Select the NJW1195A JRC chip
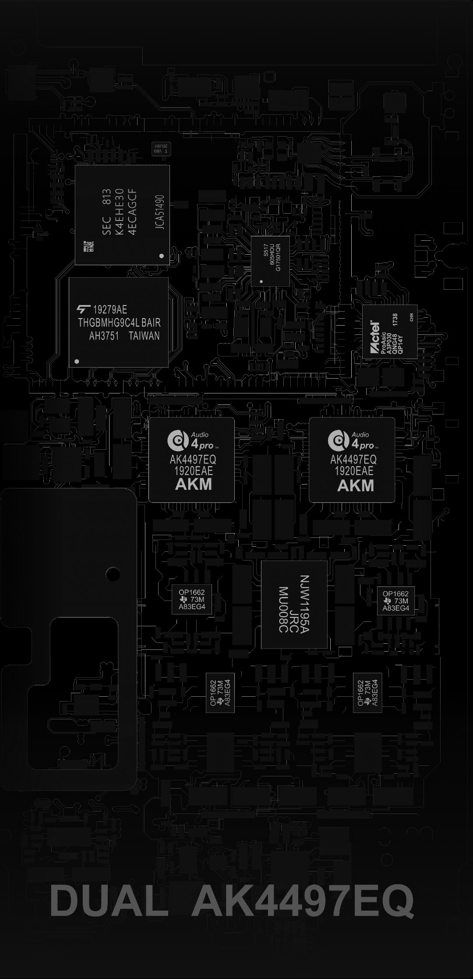[x=294, y=604]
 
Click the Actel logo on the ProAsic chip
[x=375, y=337]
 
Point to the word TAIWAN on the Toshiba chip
[x=144, y=336]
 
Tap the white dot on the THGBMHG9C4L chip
[x=77, y=361]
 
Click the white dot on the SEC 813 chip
[x=161, y=256]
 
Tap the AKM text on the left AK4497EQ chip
[x=194, y=484]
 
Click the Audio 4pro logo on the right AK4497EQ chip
[x=356, y=440]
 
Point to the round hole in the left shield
[x=113, y=573]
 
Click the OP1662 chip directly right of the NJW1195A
[x=396, y=600]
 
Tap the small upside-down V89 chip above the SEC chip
[x=161, y=147]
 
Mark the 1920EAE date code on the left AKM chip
[x=194, y=471]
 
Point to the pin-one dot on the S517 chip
[x=261, y=282]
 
